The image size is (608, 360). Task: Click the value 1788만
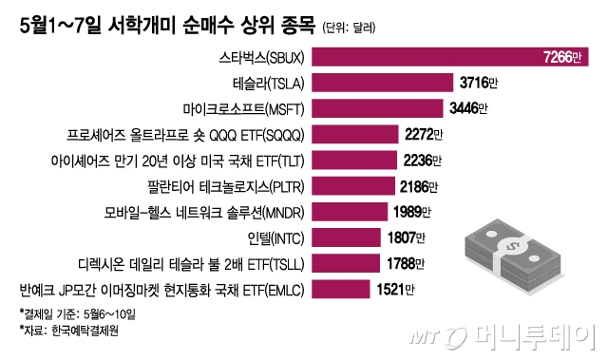coord(408,261)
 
